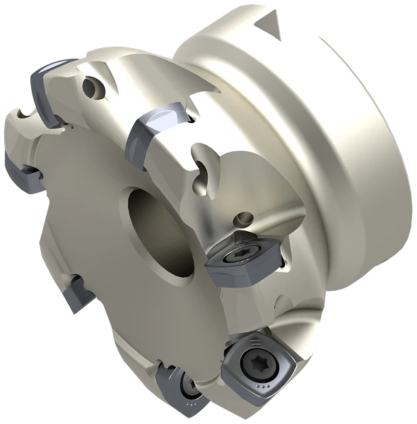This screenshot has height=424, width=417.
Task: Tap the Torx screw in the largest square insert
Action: pyautogui.click(x=254, y=363)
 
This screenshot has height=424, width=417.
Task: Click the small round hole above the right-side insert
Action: pyautogui.click(x=245, y=218)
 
